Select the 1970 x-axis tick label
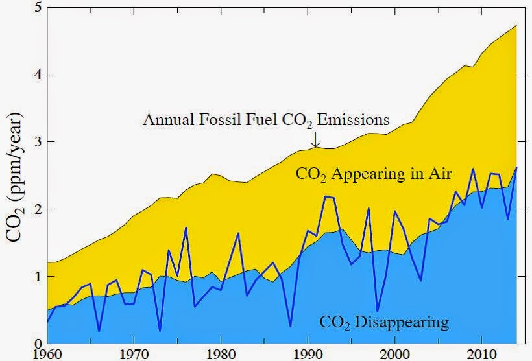tap(134, 354)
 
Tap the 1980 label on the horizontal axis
tap(221, 354)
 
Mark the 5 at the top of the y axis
tap(38, 8)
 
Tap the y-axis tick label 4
tap(38, 75)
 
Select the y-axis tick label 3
tap(38, 142)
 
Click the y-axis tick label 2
tap(38, 209)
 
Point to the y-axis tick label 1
tap(38, 277)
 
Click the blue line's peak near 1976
tap(186, 227)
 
